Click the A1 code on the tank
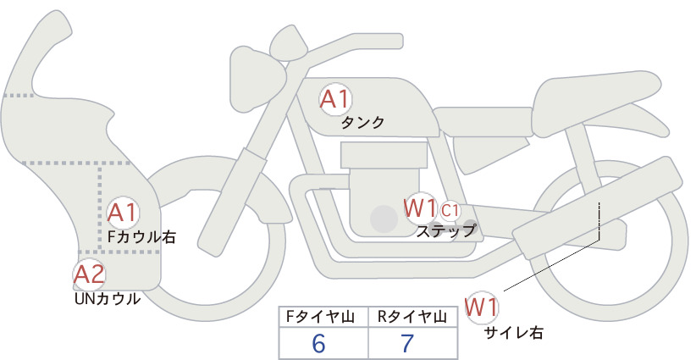tap(335, 99)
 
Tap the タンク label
tap(362, 123)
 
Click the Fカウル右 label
tap(142, 236)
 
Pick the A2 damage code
tap(89, 274)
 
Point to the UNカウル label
tap(108, 299)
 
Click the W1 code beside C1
tap(420, 208)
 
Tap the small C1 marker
tap(450, 211)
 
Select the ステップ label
tap(445, 231)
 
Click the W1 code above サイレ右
tap(482, 307)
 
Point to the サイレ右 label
tap(514, 333)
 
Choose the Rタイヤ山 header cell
tap(413, 317)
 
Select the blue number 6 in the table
tap(318, 343)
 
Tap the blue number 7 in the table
tap(407, 343)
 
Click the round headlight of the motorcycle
tap(256, 80)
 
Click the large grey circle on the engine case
tap(384, 219)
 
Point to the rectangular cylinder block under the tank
tap(384, 155)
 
